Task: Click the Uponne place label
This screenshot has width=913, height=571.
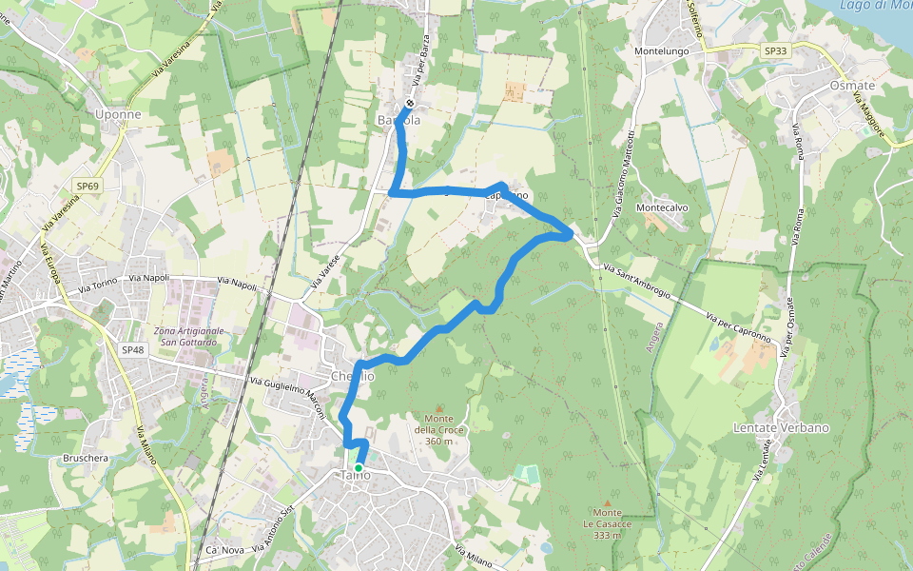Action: [x=119, y=114]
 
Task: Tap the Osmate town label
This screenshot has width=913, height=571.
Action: [x=851, y=86]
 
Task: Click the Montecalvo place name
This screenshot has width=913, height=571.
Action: [x=661, y=207]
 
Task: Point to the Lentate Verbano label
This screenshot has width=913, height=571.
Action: [x=781, y=427]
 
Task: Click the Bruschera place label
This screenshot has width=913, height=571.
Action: [x=85, y=458]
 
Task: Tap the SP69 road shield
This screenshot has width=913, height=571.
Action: [x=87, y=187]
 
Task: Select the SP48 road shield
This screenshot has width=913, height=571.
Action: [x=132, y=349]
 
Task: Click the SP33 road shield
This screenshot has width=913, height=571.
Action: [x=775, y=49]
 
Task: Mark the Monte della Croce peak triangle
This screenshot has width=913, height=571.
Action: [x=438, y=408]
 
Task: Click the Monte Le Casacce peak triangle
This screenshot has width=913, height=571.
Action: [x=607, y=502]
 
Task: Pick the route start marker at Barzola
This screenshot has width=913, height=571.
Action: [x=409, y=104]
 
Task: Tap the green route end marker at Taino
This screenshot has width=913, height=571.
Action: [x=358, y=468]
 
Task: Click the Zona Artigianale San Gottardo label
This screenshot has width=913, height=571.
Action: [x=190, y=336]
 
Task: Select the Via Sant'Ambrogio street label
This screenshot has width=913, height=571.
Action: [x=636, y=284]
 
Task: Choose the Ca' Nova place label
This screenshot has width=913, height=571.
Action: [x=225, y=551]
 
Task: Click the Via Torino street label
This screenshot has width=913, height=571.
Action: [x=97, y=285]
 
